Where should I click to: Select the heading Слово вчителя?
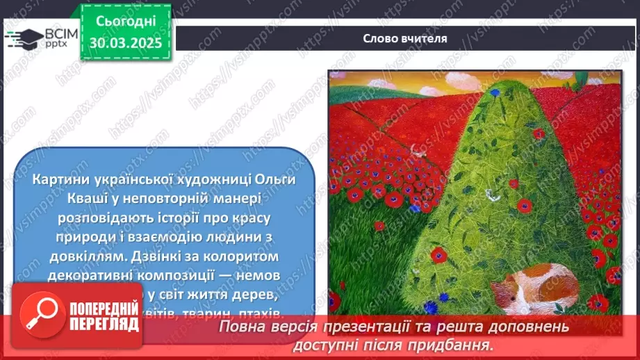click(x=405, y=38)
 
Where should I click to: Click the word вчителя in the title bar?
click(x=425, y=38)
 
